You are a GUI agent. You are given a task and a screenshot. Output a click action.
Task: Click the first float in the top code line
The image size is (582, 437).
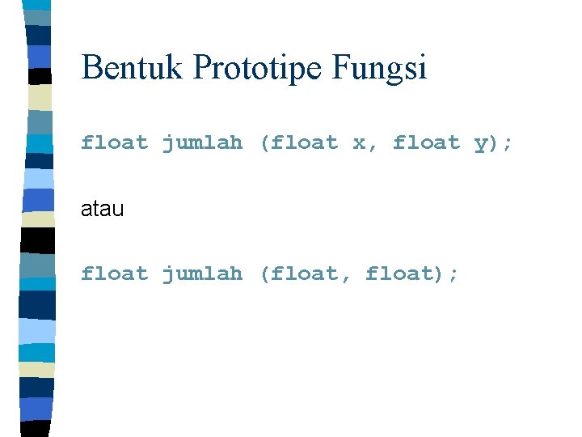(114, 143)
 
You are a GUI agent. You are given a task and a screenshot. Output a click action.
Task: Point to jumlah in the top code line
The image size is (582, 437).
(202, 144)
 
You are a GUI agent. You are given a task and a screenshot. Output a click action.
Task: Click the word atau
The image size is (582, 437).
(102, 210)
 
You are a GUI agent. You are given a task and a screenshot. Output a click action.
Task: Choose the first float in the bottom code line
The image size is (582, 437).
(114, 274)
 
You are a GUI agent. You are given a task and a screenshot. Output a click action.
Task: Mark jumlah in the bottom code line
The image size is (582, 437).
(202, 274)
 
